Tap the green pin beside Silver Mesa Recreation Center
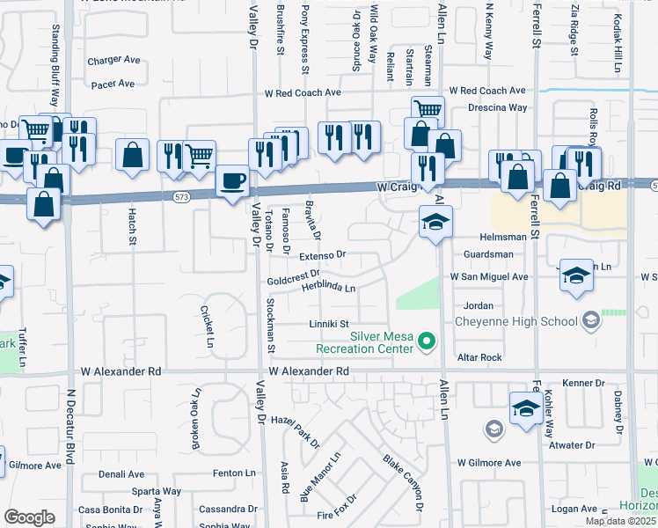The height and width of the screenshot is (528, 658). [428, 340]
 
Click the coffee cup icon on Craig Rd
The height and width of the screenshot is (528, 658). [232, 181]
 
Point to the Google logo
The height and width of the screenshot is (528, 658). [29, 517]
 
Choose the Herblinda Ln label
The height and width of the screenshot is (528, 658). [328, 288]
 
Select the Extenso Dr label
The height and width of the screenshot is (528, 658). [323, 255]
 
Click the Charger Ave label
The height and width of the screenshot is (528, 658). [113, 61]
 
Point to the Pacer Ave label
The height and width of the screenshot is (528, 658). [113, 84]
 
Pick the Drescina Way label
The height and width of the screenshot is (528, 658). [497, 107]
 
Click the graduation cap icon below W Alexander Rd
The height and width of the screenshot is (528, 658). [525, 408]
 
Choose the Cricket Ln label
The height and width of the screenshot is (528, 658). [208, 325]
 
